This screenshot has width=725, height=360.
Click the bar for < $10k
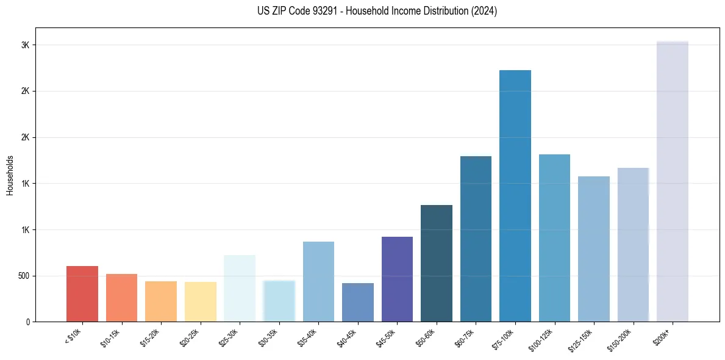point(82,293)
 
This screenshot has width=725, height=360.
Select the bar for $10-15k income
point(121,298)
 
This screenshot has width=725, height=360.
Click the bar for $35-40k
point(318,281)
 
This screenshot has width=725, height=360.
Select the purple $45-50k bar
point(397,279)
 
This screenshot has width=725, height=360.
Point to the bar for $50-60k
point(437,263)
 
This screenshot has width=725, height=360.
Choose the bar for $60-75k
point(476,239)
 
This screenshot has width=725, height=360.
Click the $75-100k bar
point(515,196)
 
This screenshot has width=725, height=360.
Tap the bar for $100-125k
point(554,238)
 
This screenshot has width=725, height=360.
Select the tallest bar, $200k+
point(673,181)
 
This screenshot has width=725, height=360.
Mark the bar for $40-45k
point(358,302)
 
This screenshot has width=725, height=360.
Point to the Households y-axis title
point(10,175)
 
